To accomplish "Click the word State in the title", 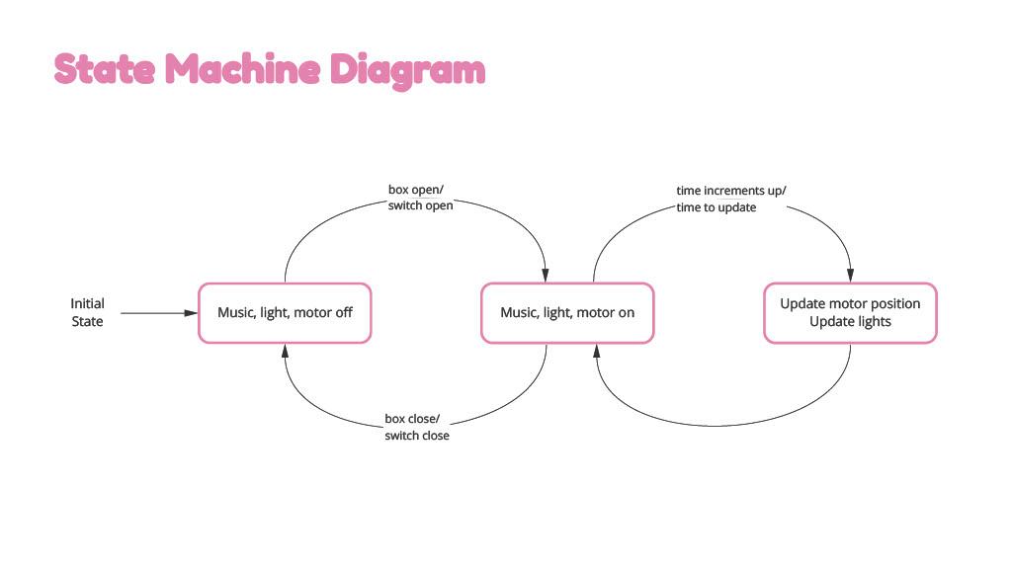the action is pos(105,69).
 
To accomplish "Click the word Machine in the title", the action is pos(243,68).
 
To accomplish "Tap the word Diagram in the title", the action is pos(407,70).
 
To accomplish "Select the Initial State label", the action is pos(87,312).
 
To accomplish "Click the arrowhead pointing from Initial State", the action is pos(191,313).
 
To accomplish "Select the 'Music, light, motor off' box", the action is pos(285,313).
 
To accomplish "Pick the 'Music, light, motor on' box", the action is pos(567,313).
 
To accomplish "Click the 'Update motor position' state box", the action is pos(850,313).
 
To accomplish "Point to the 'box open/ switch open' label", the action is pos(420,198).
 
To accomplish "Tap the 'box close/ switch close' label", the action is pos(417,427).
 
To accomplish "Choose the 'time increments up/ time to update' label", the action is pos(730,199).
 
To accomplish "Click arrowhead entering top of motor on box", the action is pos(546,276).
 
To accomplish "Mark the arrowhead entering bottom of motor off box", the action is pos(285,351).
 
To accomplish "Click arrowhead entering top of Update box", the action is pos(850,276).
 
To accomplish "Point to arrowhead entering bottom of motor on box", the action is pos(596,351).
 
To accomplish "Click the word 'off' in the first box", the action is pos(344,312).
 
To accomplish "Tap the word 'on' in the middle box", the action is pos(626,313).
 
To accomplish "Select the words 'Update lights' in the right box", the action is pos(850,321).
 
